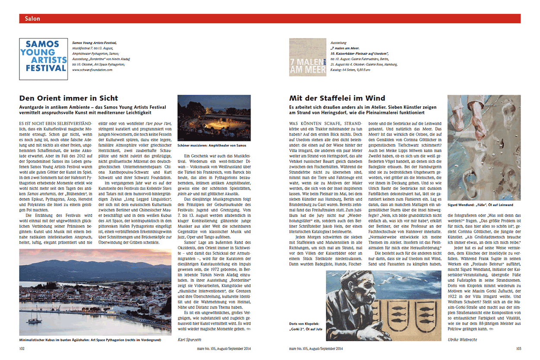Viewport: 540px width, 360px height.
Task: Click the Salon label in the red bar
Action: pos(32,19)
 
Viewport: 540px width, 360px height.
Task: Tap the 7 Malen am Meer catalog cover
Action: pos(308,58)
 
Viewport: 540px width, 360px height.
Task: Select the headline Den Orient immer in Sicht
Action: pos(69,98)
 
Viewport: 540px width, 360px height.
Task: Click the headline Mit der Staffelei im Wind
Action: pos(337,98)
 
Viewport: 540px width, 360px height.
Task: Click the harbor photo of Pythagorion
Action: pos(95,292)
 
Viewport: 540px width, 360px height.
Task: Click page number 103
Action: pos(518,348)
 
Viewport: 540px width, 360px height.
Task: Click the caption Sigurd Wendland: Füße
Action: pos(480,205)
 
